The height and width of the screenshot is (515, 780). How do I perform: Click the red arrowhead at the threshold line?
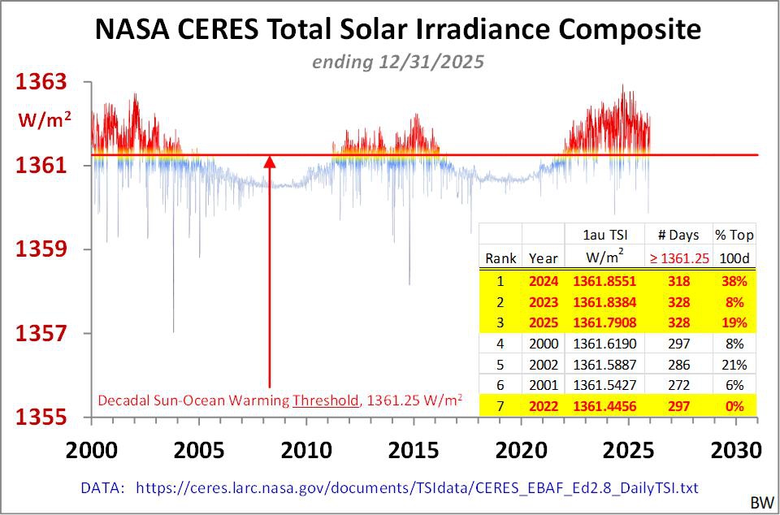pos(270,162)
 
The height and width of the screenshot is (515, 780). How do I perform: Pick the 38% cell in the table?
pos(734,281)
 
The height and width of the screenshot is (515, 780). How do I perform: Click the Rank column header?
pos(501,258)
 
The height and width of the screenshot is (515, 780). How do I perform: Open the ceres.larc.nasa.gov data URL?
pos(417,487)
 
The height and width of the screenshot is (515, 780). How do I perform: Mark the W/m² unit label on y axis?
pos(45,120)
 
